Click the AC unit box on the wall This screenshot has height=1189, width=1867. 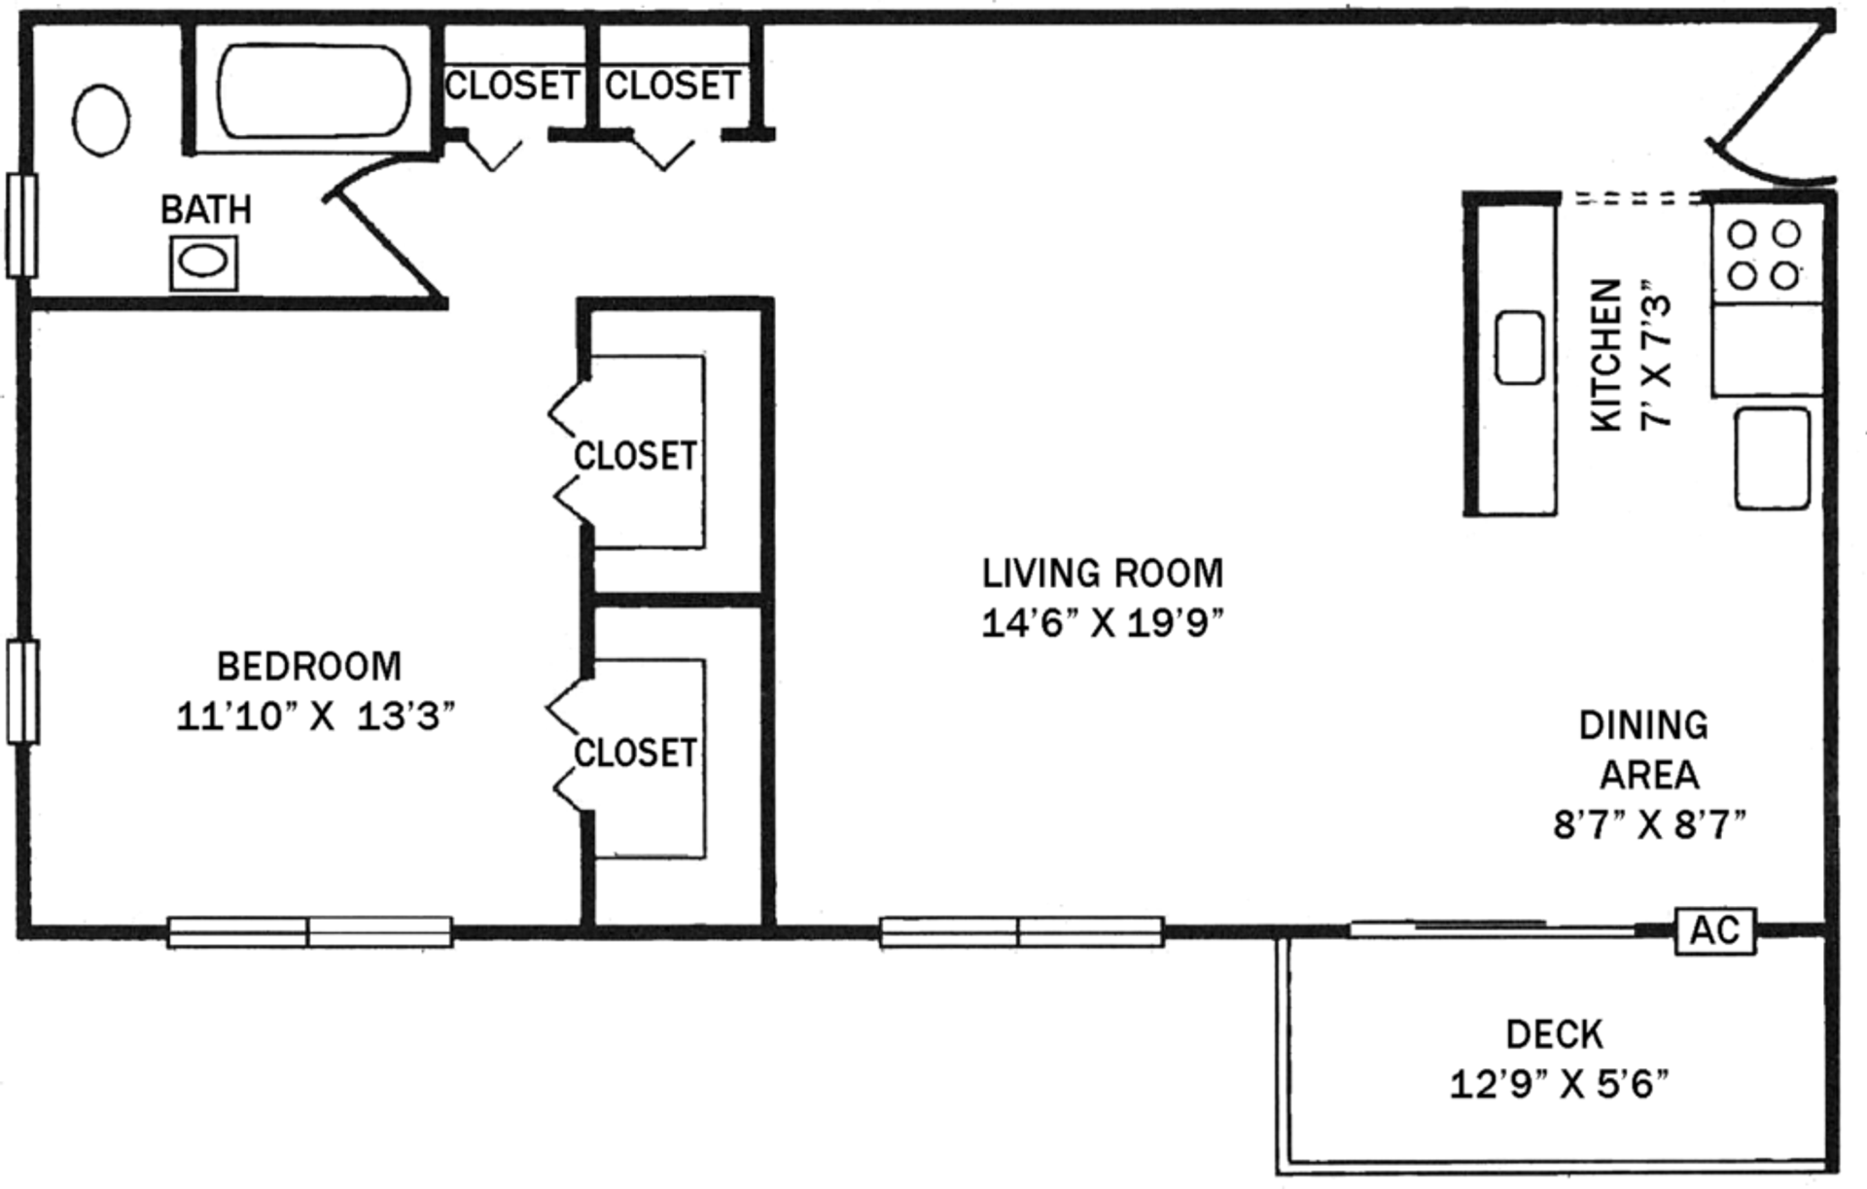coord(1714,930)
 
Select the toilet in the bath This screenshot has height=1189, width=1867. coord(101,121)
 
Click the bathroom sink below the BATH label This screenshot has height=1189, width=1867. coord(203,262)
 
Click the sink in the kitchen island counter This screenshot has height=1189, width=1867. coord(1519,347)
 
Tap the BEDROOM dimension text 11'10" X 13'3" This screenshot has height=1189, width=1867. coord(316,717)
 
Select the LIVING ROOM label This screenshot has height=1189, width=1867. coord(1102,574)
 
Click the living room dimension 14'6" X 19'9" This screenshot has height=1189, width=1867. coord(1102,623)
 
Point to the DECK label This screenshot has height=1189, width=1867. coord(1554,1034)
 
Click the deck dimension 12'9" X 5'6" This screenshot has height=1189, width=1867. coord(1559,1083)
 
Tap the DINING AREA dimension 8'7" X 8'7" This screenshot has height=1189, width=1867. coord(1649,825)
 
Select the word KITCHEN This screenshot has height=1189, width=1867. coord(1606,356)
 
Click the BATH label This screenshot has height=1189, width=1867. coord(206,210)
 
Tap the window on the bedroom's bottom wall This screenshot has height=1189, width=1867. coord(309,931)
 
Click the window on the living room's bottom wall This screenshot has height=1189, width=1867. coord(1021,931)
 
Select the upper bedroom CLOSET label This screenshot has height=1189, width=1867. coord(635,455)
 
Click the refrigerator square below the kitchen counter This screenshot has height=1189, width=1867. coord(1772,458)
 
